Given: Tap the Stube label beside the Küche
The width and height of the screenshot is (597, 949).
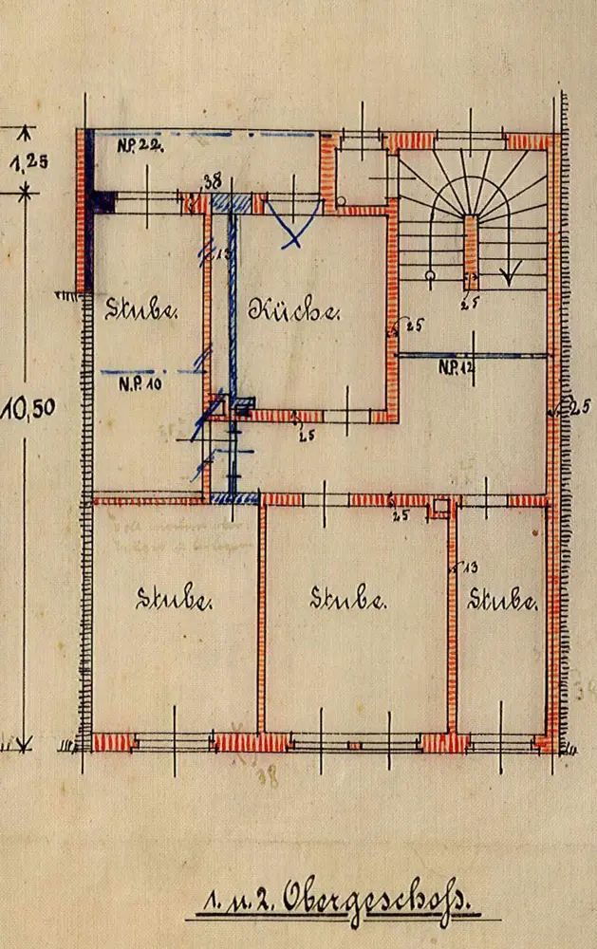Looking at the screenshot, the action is tap(140, 308).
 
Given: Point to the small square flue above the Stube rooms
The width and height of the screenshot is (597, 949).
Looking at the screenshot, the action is tap(440, 507).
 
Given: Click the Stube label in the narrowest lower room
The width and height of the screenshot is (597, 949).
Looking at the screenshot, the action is tap(503, 600).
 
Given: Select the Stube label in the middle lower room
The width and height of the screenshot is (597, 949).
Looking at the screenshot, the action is tap(348, 599).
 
